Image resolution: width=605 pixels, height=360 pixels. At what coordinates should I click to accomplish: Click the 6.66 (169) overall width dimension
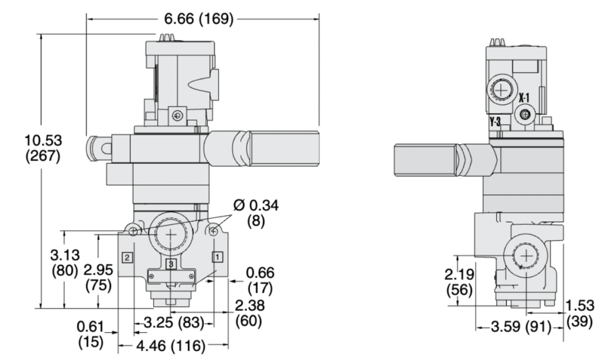(x=198, y=20)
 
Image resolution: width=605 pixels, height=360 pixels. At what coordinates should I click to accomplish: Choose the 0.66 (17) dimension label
(x=260, y=281)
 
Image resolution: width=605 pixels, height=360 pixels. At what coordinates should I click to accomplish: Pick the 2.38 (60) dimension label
(x=249, y=314)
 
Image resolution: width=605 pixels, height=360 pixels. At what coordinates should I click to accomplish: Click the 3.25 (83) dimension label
(x=174, y=323)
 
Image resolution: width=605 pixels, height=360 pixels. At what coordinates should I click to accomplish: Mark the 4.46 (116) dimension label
(x=174, y=345)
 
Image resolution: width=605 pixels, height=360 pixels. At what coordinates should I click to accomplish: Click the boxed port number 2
(x=126, y=257)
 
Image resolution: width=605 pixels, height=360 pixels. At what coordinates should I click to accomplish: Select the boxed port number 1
(x=217, y=257)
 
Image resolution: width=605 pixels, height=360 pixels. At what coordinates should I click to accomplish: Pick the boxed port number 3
(x=171, y=264)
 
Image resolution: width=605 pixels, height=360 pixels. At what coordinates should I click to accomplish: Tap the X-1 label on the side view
(x=525, y=98)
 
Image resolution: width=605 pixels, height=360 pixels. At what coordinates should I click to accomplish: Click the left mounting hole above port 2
(x=134, y=230)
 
